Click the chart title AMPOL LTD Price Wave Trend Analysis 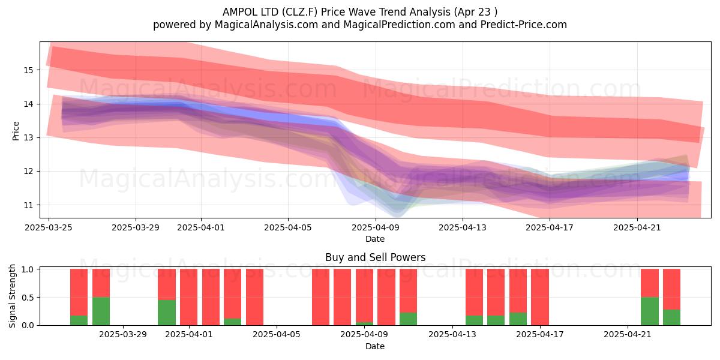(x=359, y=12)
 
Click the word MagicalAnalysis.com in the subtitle (x=266, y=25)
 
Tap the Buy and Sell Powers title (x=375, y=257)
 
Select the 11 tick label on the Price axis (x=28, y=205)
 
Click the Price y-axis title (x=16, y=131)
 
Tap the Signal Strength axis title (x=12, y=296)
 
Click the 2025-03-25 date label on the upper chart (x=49, y=227)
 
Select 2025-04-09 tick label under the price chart (x=376, y=227)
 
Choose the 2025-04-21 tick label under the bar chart (x=628, y=335)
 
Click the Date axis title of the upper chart (x=375, y=239)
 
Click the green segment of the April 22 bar (x=650, y=311)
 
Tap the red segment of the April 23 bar (x=672, y=289)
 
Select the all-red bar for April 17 (x=540, y=297)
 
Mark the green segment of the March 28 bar (x=101, y=311)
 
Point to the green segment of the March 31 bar (x=167, y=313)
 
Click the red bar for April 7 (x=321, y=297)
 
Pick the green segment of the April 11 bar (x=408, y=319)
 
